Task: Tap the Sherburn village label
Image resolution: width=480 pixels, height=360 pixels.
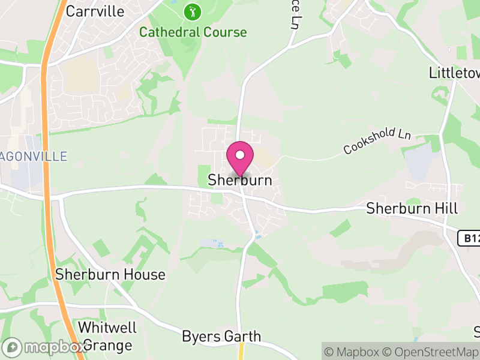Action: (240, 180)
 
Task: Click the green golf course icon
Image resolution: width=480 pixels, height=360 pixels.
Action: (193, 11)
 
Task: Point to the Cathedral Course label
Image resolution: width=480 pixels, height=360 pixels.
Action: (193, 32)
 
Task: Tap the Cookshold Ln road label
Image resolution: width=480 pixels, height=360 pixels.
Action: (377, 142)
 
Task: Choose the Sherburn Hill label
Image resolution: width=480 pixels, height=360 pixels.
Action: (412, 209)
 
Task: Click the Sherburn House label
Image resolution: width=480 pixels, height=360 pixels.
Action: (110, 275)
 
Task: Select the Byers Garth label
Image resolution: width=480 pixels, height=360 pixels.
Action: (221, 336)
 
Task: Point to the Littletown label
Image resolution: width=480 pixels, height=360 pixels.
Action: (455, 73)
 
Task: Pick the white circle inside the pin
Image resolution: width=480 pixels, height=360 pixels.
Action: (240, 155)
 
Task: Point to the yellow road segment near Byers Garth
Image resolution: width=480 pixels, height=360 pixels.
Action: (241, 350)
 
